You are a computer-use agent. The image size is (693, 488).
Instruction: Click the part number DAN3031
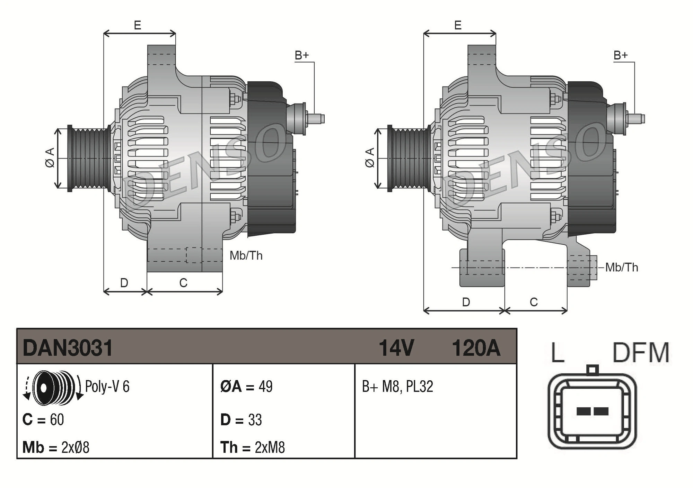pyautogui.click(x=68, y=348)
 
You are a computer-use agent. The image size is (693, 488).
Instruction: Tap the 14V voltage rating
pyautogui.click(x=396, y=348)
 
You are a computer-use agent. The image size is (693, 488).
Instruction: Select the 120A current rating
pyautogui.click(x=476, y=348)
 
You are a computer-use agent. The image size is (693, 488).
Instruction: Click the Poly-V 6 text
pyautogui.click(x=107, y=386)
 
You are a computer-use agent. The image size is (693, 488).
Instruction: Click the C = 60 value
pyautogui.click(x=43, y=419)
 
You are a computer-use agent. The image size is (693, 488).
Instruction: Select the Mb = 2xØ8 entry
pyautogui.click(x=56, y=447)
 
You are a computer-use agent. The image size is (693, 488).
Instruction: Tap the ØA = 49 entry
pyautogui.click(x=246, y=386)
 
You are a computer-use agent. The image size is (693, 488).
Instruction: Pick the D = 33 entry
pyautogui.click(x=241, y=419)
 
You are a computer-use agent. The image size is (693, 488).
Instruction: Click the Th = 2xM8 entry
pyautogui.click(x=253, y=447)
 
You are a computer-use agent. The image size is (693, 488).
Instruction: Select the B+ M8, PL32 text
pyautogui.click(x=397, y=386)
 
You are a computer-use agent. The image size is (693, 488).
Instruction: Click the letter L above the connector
pyautogui.click(x=558, y=353)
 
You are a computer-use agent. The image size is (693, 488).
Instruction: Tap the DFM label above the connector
pyautogui.click(x=641, y=353)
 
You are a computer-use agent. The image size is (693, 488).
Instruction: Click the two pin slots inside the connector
pyautogui.click(x=592, y=411)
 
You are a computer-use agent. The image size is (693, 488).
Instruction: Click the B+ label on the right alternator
pyautogui.click(x=621, y=55)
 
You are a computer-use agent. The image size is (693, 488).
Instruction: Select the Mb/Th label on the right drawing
pyautogui.click(x=622, y=267)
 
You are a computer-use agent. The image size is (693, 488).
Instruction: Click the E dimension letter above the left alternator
pyautogui.click(x=138, y=25)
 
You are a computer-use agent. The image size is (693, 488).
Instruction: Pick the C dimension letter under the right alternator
pyautogui.click(x=534, y=302)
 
